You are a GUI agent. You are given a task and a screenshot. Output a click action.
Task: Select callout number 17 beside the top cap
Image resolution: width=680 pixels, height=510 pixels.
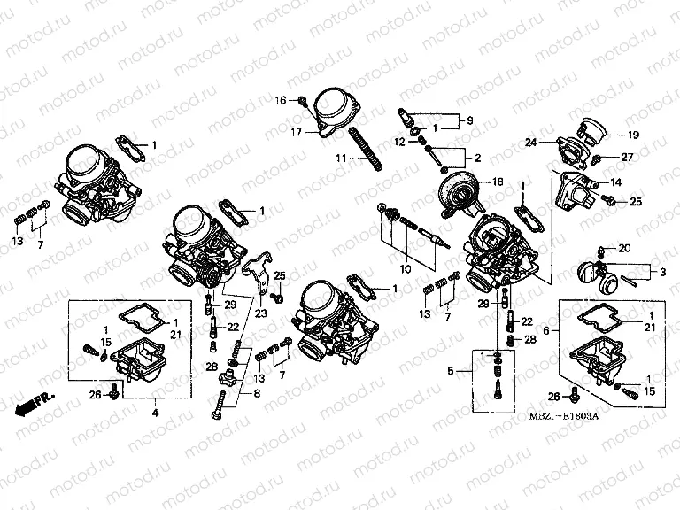pyautogui.click(x=286, y=133)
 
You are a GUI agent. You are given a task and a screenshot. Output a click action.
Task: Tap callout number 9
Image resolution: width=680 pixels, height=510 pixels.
pyautogui.click(x=470, y=120)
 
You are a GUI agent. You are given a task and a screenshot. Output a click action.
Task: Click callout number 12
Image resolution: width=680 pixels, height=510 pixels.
pyautogui.click(x=399, y=142)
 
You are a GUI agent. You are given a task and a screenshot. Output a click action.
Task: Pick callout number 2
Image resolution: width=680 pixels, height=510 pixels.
pyautogui.click(x=476, y=158)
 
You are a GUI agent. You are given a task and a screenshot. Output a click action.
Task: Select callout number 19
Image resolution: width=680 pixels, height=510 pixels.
pyautogui.click(x=633, y=135)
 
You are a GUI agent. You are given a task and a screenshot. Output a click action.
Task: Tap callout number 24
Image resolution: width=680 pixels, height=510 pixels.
pyautogui.click(x=530, y=142)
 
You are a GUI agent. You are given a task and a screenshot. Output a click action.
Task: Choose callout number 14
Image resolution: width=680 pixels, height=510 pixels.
pyautogui.click(x=616, y=182)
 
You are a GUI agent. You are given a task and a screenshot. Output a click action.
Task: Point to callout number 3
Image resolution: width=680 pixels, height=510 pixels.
pyautogui.click(x=662, y=269)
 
